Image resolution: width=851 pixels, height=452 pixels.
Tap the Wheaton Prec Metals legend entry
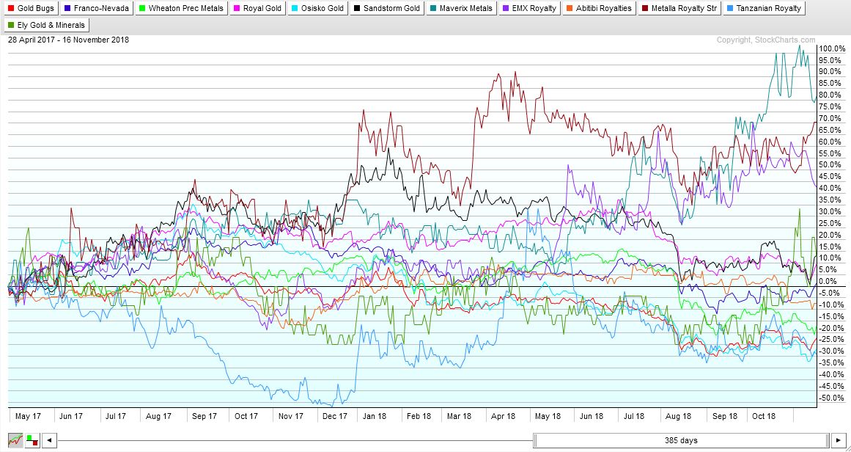coord(180,9)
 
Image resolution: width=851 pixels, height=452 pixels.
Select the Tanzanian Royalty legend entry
coord(763,9)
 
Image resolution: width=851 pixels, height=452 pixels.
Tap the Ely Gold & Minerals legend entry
coord(46,25)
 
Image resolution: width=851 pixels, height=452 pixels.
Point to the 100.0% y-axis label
coord(833,48)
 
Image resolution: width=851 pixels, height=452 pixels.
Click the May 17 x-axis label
coord(27,416)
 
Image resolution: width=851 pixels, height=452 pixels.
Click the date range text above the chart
coord(68,40)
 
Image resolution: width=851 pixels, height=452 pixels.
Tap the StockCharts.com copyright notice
coord(765,40)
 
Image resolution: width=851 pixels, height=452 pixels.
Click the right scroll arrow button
coord(839,440)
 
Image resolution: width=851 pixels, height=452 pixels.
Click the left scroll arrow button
coord(48,440)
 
